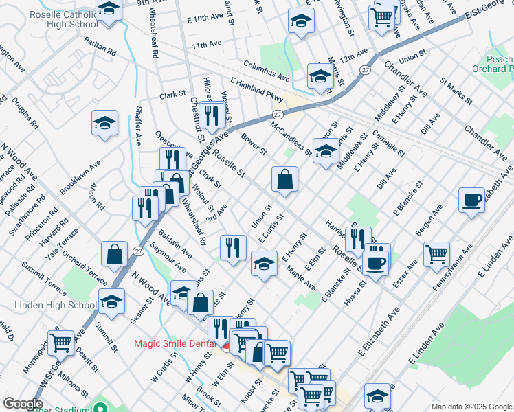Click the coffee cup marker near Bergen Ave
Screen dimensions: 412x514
pyautogui.click(x=472, y=200)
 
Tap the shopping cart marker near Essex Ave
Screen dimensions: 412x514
pyautogui.click(x=437, y=255)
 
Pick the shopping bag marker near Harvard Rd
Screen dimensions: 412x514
pyautogui.click(x=114, y=253)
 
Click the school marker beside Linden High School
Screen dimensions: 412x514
pyautogui.click(x=112, y=301)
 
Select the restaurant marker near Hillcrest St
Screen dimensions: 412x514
pyautogui.click(x=211, y=116)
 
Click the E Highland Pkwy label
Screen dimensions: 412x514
pyautogui.click(x=257, y=90)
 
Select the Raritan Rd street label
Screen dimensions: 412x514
pyautogui.click(x=101, y=47)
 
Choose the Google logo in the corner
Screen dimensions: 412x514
pyautogui.click(x=23, y=403)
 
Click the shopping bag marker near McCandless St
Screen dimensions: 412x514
pyautogui.click(x=284, y=180)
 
